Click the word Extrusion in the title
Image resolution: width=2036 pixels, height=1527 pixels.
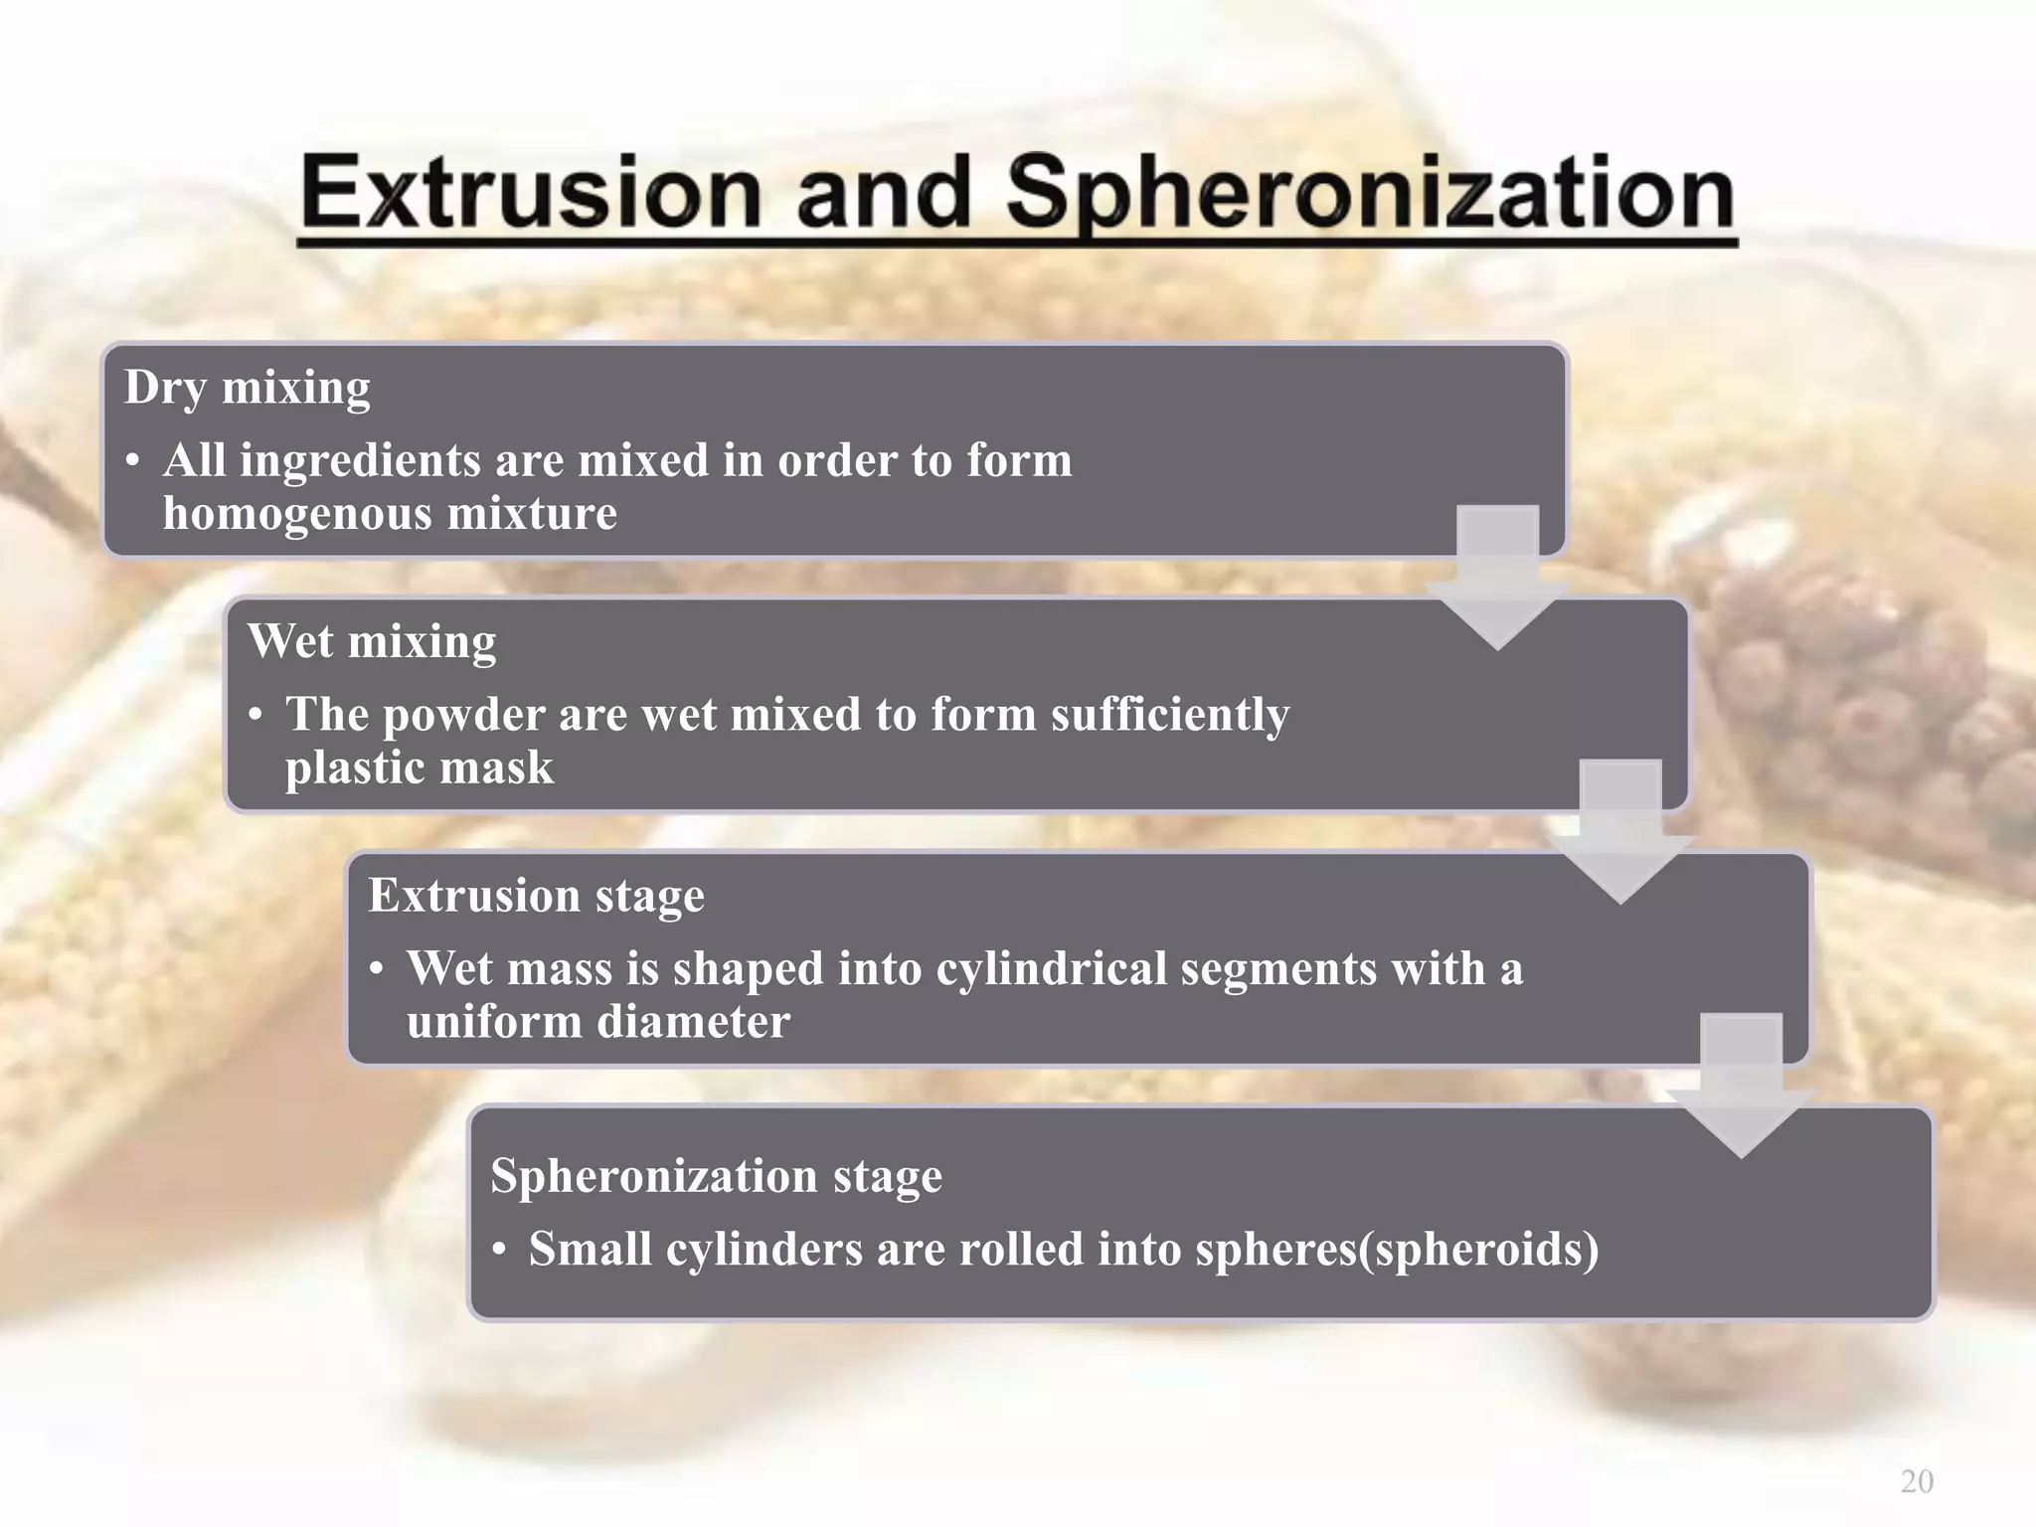click(531, 194)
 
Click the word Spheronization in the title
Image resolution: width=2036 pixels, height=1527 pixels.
click(1370, 194)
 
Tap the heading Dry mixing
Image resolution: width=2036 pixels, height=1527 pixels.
click(248, 387)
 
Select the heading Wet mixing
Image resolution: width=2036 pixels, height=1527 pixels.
click(372, 641)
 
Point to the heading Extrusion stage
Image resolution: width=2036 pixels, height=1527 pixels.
click(536, 895)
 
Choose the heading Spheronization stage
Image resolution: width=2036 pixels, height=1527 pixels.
click(716, 1175)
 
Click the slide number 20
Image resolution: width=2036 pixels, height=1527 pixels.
click(1917, 1480)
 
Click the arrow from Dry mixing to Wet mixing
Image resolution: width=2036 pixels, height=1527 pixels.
click(1497, 577)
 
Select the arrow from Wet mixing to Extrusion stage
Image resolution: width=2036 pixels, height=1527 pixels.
click(1620, 831)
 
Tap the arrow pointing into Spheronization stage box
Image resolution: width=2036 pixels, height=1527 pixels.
click(1741, 1085)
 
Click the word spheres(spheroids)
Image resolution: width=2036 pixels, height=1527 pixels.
click(1397, 1250)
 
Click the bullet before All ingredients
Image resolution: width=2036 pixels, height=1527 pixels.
click(133, 461)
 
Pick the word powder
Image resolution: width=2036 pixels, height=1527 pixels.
click(463, 715)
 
